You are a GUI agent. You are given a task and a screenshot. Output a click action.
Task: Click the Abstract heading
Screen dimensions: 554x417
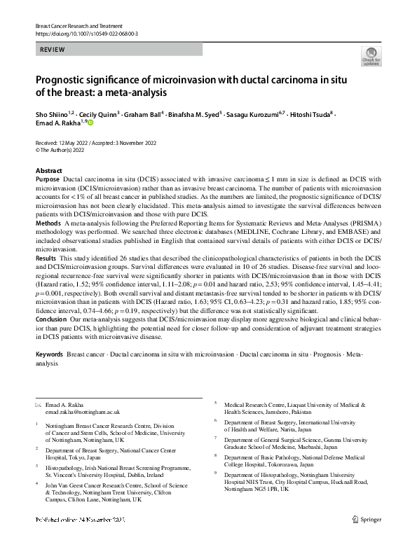[49, 171]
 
